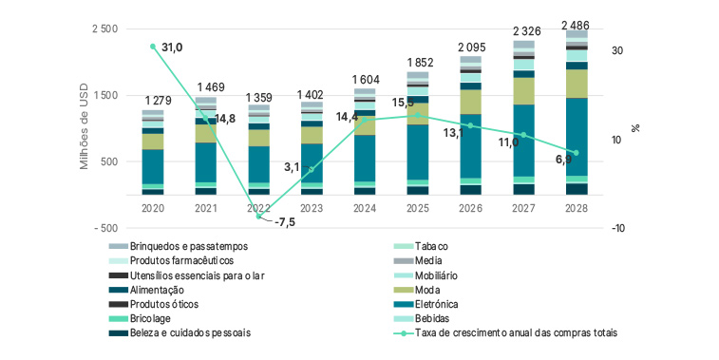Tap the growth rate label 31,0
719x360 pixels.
tap(173, 47)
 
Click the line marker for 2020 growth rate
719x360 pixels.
tap(153, 47)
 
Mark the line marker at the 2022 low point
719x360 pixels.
tap(258, 217)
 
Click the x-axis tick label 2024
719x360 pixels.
tap(365, 205)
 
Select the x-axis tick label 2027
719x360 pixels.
tap(523, 205)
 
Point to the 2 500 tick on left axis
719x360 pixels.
tap(104, 29)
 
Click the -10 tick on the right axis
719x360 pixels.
tap(616, 228)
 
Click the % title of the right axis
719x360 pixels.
tap(635, 129)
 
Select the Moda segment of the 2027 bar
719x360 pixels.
tap(523, 90)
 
